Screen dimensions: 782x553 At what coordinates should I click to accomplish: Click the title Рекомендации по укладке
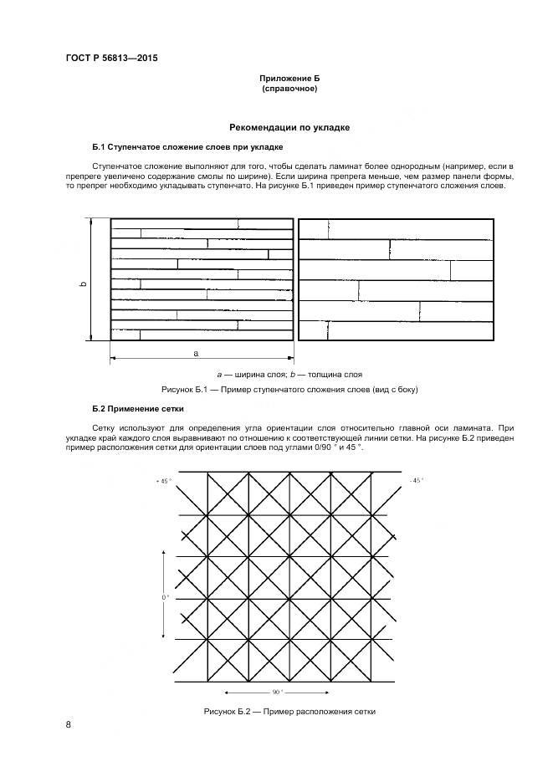coord(289,127)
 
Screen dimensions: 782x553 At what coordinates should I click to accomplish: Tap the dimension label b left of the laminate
coord(83,284)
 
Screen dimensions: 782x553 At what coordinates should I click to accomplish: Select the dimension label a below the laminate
coord(196,354)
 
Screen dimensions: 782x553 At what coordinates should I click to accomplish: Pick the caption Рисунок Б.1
coord(289,390)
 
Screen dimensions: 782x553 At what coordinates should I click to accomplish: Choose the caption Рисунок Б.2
coord(289,711)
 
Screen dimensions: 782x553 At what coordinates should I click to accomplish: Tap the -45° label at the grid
coord(417,480)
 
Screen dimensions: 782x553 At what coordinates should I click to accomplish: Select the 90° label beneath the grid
coord(276,692)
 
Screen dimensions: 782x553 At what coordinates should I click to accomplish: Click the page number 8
coord(68,724)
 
